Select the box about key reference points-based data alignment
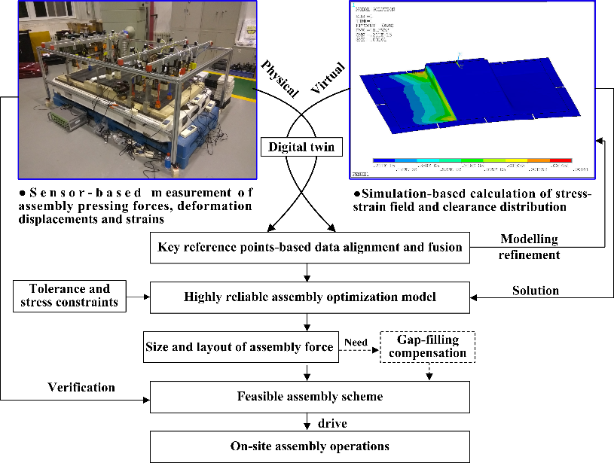[310, 247]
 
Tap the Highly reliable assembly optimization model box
[310, 297]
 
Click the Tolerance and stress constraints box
[69, 296]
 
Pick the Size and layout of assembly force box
[240, 347]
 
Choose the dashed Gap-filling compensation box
[429, 346]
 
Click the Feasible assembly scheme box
[310, 396]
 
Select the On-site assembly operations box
[310, 446]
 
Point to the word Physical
[280, 78]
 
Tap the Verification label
[81, 388]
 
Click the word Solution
[536, 290]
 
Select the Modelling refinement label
[530, 246]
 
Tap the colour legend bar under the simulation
[472, 160]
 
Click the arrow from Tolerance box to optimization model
[138, 297]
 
